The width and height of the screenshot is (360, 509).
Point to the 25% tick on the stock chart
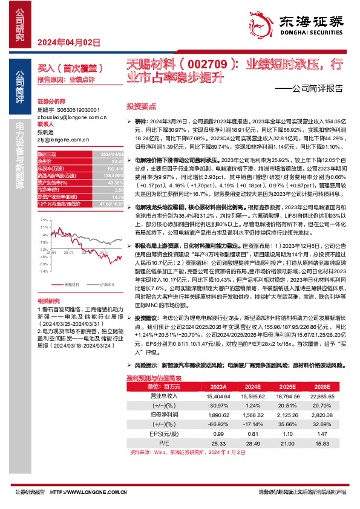pos(43,212)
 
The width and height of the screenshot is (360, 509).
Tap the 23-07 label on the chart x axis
pos(73,236)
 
